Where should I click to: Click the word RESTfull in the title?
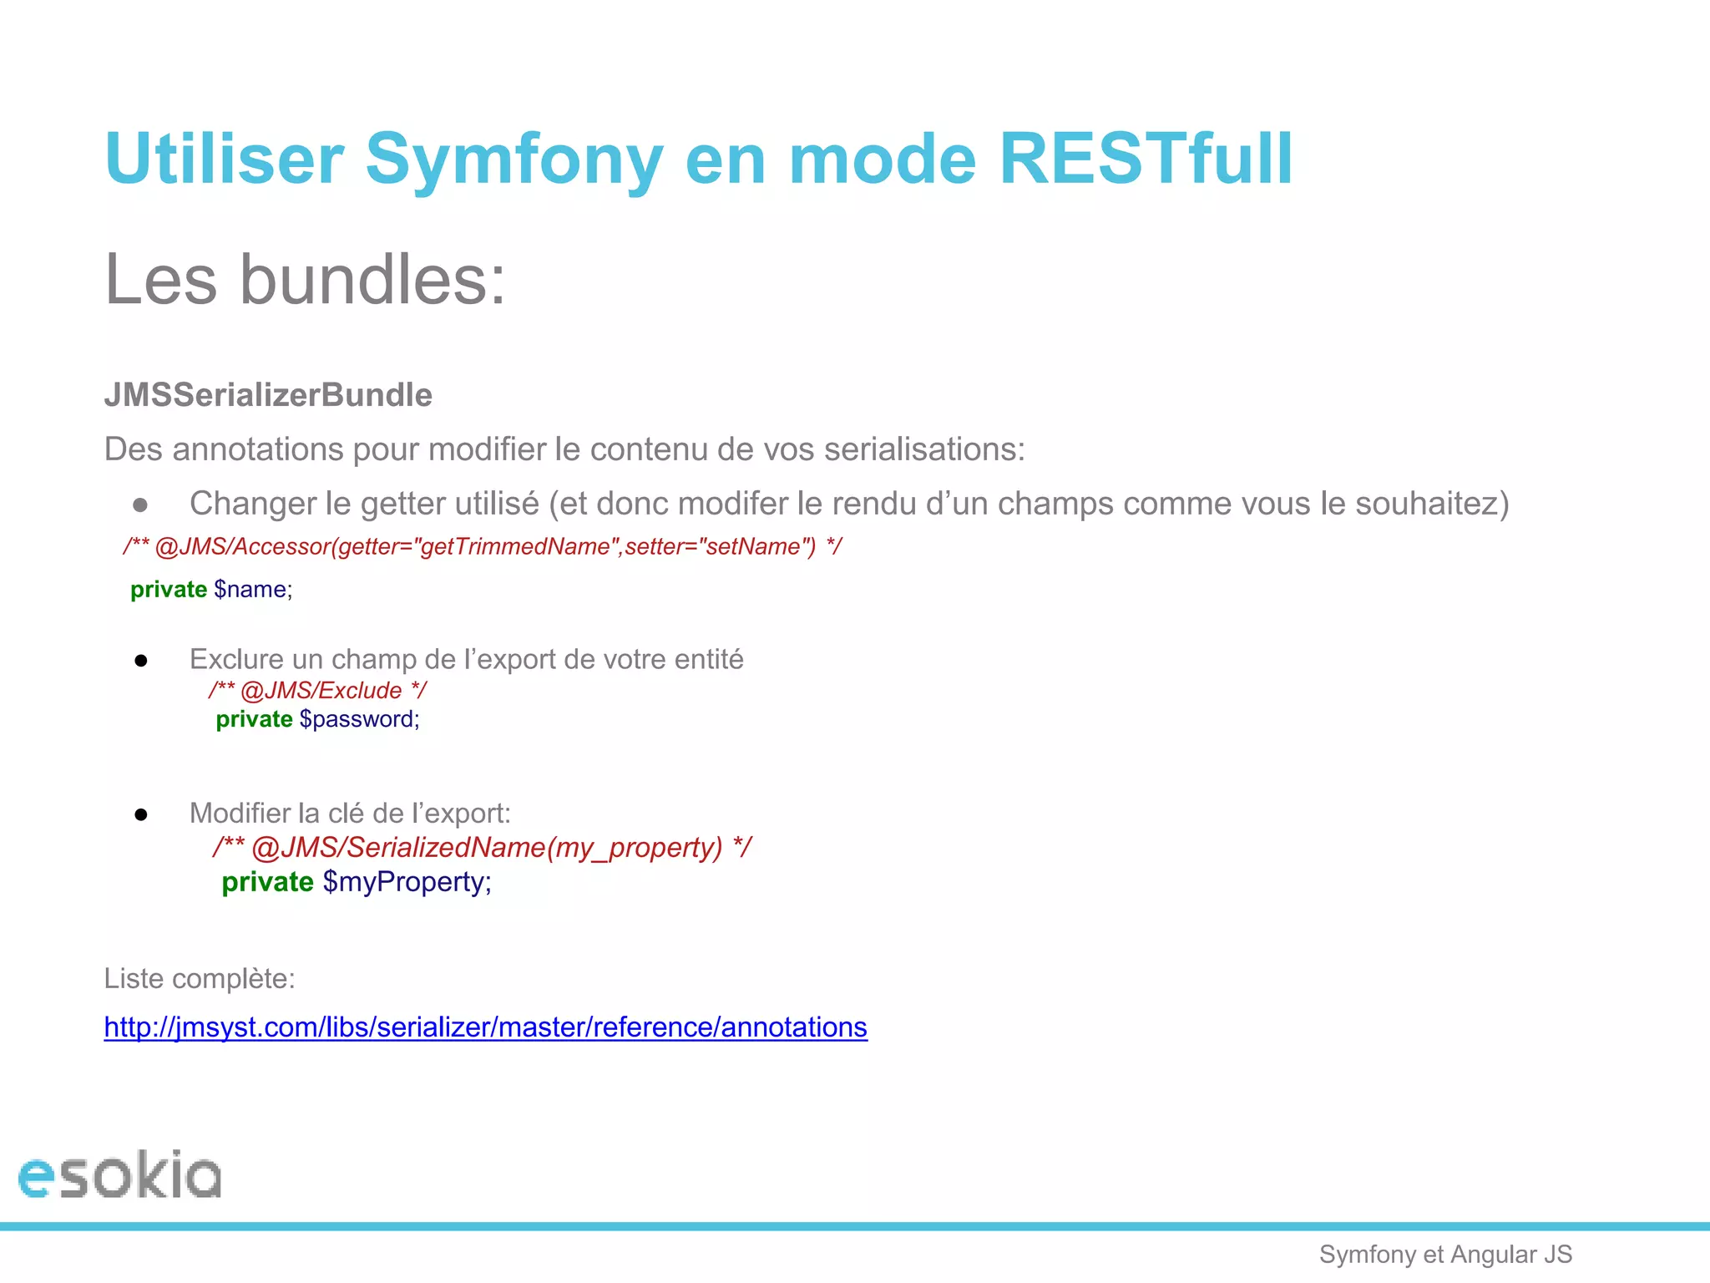pos(1146,159)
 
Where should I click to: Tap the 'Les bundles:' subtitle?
pos(305,280)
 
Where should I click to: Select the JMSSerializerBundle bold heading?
pos(268,395)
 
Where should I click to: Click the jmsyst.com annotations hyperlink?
pos(485,1027)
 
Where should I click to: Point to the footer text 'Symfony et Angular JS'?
pos(1445,1254)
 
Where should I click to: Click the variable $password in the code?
pos(359,719)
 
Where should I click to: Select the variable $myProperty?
pos(407,882)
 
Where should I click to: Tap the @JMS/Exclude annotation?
pos(321,691)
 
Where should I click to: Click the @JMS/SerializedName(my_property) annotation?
pos(486,848)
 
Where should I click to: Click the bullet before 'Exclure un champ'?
pos(141,661)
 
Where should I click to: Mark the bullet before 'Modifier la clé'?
pos(141,814)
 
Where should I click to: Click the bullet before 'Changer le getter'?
pos(140,505)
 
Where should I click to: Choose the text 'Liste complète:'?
pos(200,978)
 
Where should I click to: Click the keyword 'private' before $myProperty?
pos(267,882)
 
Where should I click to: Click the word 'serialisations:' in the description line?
pos(923,449)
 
